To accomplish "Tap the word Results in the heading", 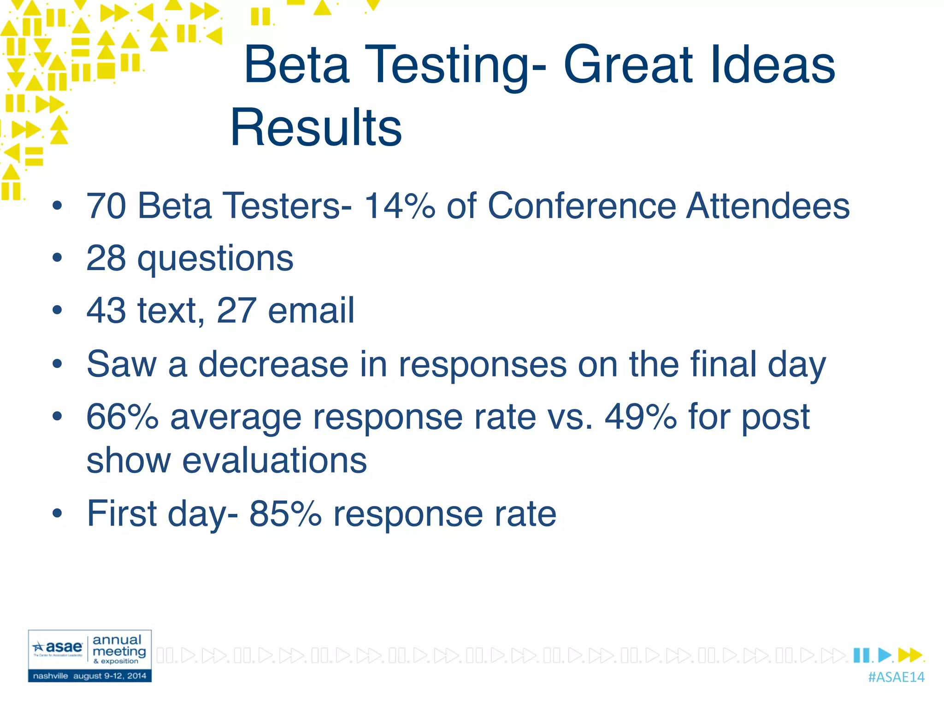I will point(316,127).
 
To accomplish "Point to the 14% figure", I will point(400,206).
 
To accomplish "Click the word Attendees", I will point(767,206).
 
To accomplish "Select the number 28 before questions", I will point(106,258).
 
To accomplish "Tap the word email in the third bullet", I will point(311,311).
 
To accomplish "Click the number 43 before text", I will point(106,311).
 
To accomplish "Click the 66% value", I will point(123,417).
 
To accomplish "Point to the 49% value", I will point(641,417).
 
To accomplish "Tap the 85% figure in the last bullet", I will point(285,513).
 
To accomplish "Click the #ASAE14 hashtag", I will point(896,677).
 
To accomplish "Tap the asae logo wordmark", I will point(63,647).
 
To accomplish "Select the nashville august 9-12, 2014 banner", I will point(89,676).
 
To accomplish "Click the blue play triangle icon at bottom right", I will point(885,655).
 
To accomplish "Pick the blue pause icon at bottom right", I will point(861,655).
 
